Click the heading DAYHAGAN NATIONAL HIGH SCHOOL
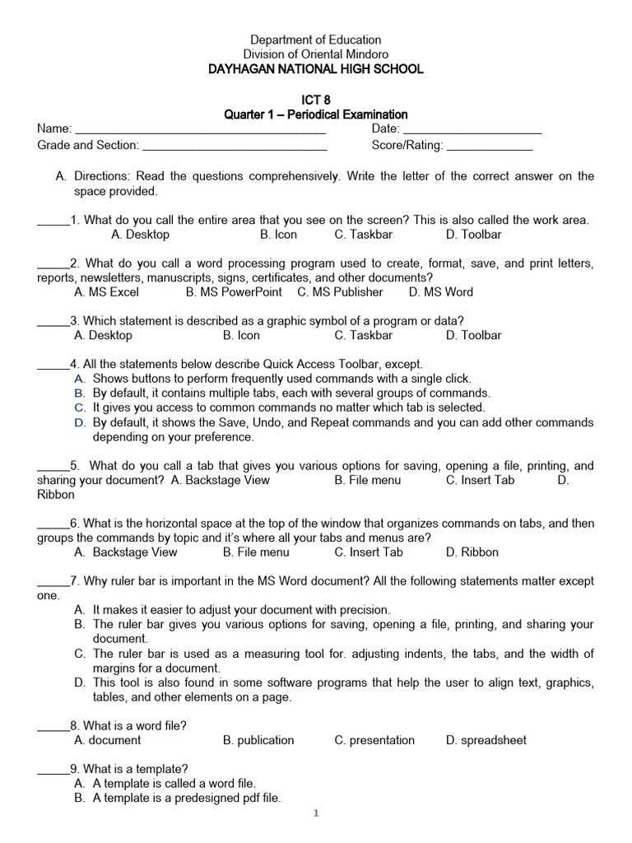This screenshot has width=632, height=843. (316, 69)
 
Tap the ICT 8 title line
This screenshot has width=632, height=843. (316, 100)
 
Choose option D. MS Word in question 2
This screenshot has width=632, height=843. (440, 292)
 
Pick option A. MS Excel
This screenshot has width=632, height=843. (106, 292)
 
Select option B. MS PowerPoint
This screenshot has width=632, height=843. (234, 292)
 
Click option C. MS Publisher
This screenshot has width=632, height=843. (340, 292)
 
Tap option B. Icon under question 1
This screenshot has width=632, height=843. (278, 235)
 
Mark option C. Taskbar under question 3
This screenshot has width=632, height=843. (363, 335)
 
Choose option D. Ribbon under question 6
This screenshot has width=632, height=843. (472, 552)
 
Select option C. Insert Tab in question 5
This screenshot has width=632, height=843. (480, 480)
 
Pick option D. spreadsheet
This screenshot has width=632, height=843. (486, 740)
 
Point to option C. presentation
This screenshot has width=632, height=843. (374, 740)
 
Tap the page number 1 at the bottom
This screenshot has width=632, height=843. (315, 814)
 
